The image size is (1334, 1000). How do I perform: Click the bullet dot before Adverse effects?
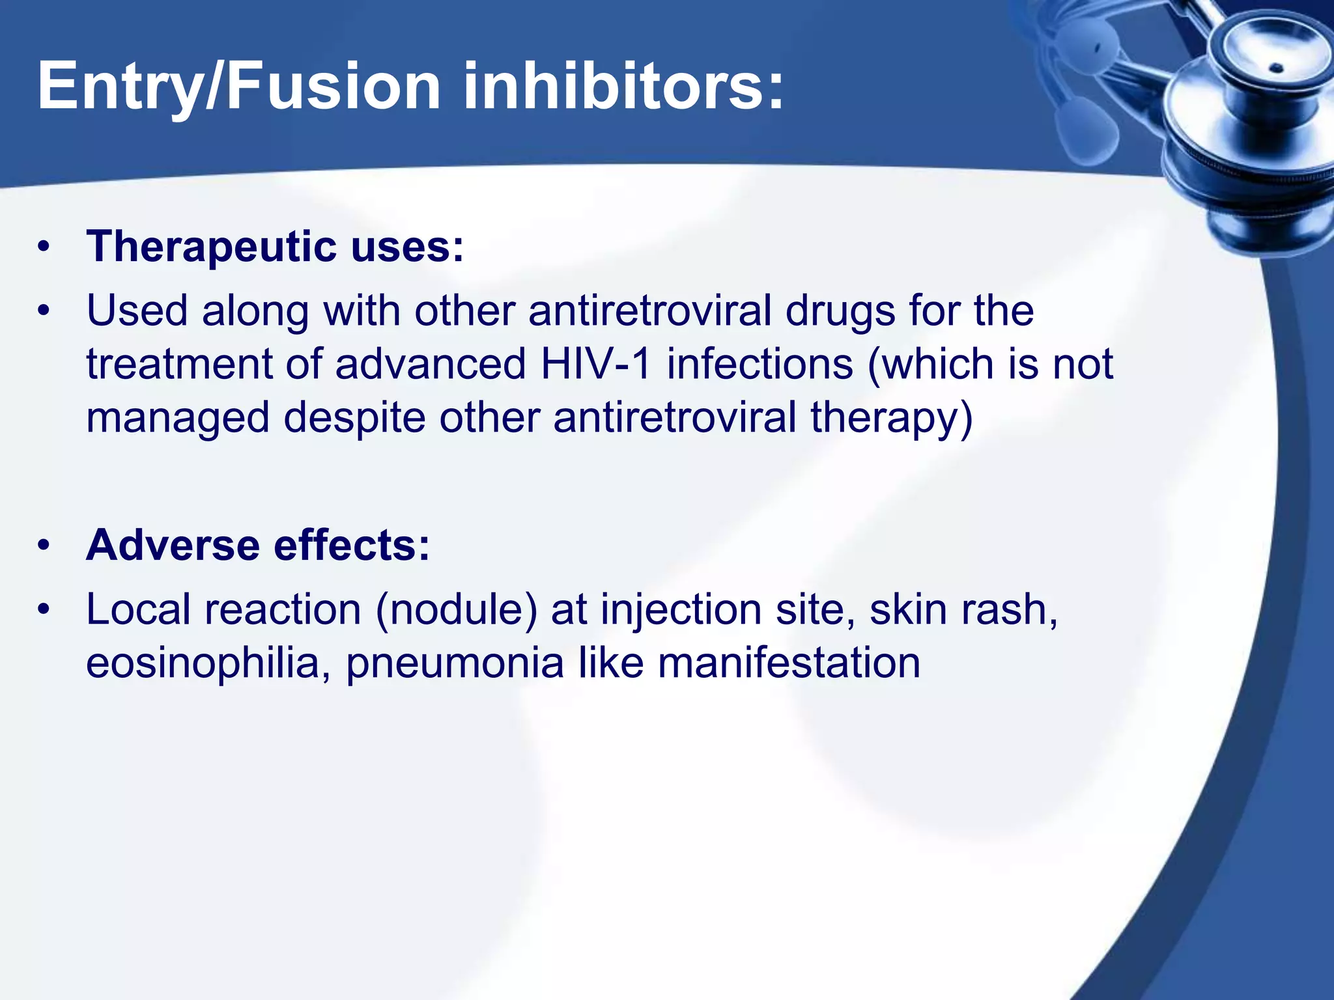pos(44,546)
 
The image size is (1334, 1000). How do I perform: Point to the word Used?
pos(137,311)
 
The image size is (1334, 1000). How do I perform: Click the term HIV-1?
pos(596,364)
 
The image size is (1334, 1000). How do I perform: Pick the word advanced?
pos(430,364)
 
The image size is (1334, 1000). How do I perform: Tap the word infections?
pos(759,364)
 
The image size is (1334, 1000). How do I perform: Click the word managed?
pos(178,419)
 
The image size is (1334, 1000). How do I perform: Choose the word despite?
pos(354,419)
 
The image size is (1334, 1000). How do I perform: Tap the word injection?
pos(681,610)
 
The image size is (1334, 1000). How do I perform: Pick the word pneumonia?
pos(455,664)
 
